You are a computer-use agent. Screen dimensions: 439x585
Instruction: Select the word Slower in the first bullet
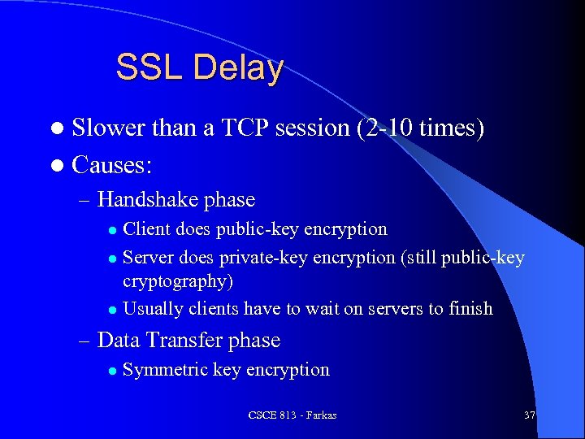tap(107, 128)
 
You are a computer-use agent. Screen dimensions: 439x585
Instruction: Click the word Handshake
tap(148, 200)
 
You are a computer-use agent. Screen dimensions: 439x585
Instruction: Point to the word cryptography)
tap(175, 280)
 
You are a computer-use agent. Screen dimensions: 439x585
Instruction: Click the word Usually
tap(153, 309)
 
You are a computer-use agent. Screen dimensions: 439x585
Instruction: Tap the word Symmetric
tap(165, 370)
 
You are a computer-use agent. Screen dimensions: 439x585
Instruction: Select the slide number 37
tap(530, 415)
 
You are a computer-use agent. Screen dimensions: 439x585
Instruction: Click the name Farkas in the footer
tap(320, 415)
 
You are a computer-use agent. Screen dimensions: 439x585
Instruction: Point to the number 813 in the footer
tap(287, 415)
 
